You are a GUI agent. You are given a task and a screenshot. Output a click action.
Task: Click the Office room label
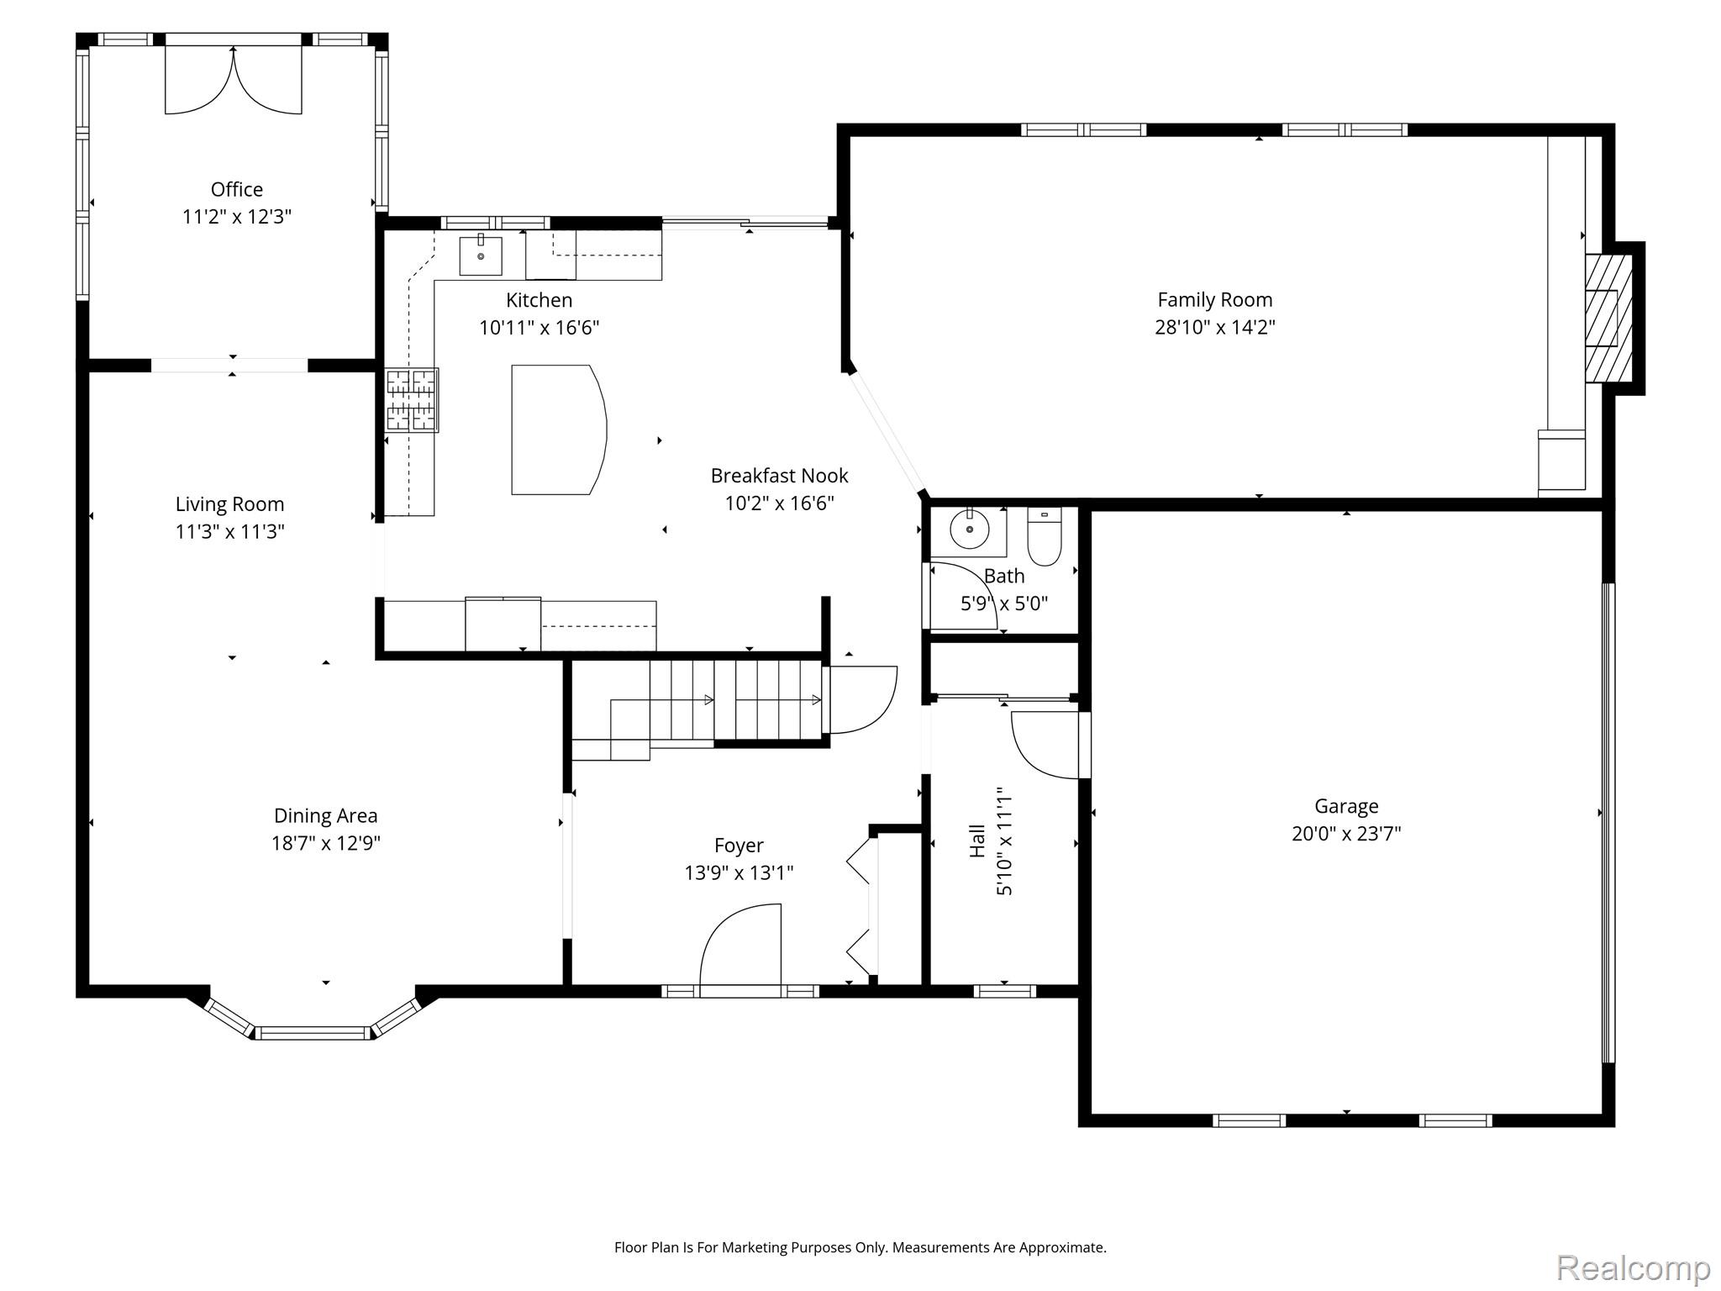click(x=236, y=189)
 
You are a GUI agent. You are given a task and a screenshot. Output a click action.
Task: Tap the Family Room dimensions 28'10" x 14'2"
click(x=1214, y=327)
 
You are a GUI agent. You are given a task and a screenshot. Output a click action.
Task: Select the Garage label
click(x=1346, y=807)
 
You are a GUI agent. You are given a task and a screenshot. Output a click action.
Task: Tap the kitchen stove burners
click(x=411, y=400)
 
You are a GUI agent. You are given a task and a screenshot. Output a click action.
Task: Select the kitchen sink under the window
click(x=481, y=256)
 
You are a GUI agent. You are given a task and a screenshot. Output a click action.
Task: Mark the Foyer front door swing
click(x=740, y=945)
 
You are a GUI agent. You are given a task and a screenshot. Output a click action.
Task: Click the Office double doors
click(x=233, y=79)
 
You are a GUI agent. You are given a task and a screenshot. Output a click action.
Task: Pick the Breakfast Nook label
click(x=779, y=476)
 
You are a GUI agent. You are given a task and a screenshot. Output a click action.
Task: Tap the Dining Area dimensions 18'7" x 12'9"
click(x=325, y=843)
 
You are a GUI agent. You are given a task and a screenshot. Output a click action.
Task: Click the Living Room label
click(x=229, y=504)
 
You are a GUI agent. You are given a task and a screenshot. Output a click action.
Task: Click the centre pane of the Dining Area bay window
click(x=313, y=1033)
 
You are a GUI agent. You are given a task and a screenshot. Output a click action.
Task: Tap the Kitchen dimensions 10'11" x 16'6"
click(x=539, y=328)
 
